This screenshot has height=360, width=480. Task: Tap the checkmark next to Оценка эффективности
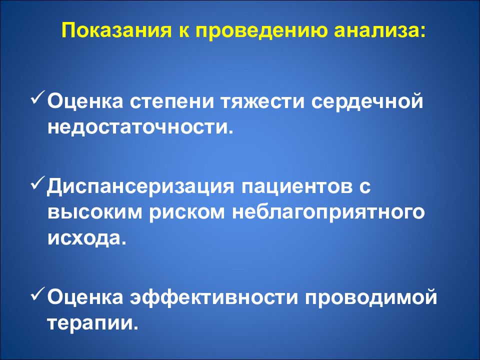38,294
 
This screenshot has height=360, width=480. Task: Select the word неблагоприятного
328,213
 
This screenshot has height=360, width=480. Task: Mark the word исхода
84,238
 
